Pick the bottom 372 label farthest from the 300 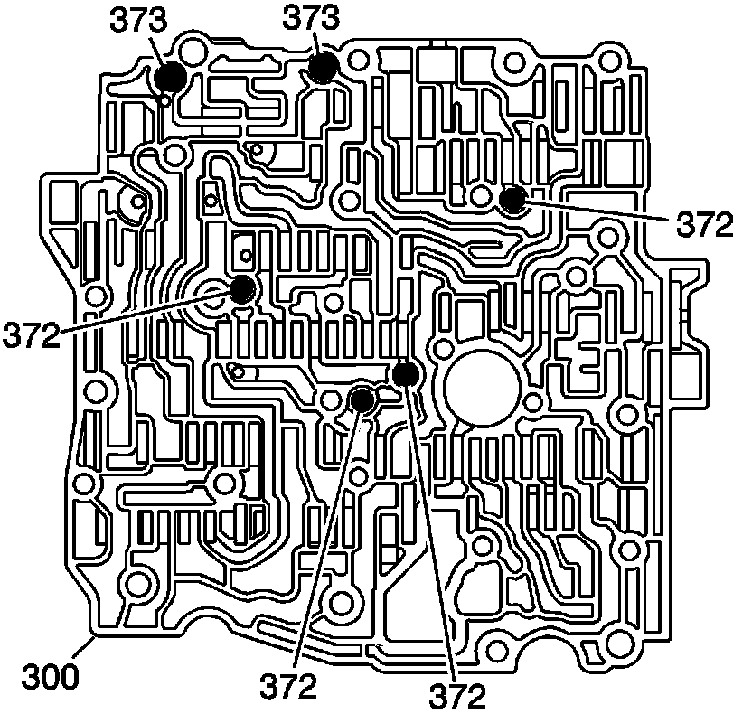tap(455, 694)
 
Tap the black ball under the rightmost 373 tap(322, 68)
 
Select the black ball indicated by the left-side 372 tap(242, 289)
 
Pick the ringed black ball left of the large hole tap(362, 399)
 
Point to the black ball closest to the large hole tap(405, 372)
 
